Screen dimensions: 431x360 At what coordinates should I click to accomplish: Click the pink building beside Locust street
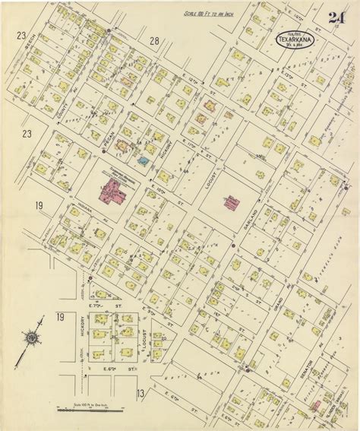pos(229,201)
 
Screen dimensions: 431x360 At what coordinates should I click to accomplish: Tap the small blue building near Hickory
pos(143,161)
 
